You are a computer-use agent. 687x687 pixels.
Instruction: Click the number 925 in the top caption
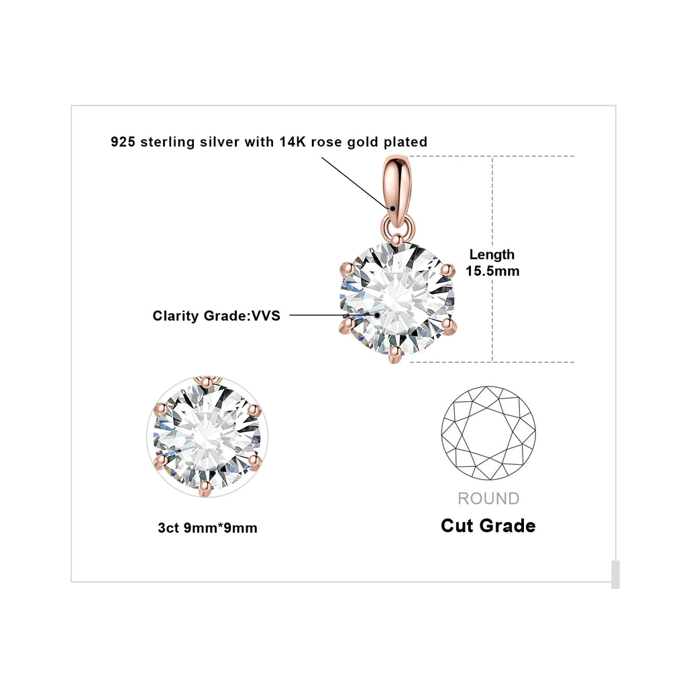(123, 142)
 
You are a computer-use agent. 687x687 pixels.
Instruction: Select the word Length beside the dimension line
(492, 254)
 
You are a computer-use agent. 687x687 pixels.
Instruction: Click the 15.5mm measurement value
(492, 271)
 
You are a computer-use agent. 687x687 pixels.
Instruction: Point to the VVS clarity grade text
(266, 316)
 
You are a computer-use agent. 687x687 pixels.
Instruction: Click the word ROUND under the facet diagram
(488, 498)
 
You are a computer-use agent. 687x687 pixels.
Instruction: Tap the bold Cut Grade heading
(488, 525)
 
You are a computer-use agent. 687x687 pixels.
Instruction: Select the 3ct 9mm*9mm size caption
(208, 527)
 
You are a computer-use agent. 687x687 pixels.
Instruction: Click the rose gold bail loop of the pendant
(398, 191)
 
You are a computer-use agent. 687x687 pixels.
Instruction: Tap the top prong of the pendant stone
(397, 240)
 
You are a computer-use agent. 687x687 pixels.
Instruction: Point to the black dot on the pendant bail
(393, 209)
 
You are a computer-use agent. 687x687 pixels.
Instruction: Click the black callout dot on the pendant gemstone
(377, 315)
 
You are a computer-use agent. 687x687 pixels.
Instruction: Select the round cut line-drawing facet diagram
(488, 433)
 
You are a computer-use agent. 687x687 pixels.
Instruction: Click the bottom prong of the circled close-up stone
(205, 488)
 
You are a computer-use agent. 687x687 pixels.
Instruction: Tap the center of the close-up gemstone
(207, 436)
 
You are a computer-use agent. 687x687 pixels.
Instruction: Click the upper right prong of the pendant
(447, 270)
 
